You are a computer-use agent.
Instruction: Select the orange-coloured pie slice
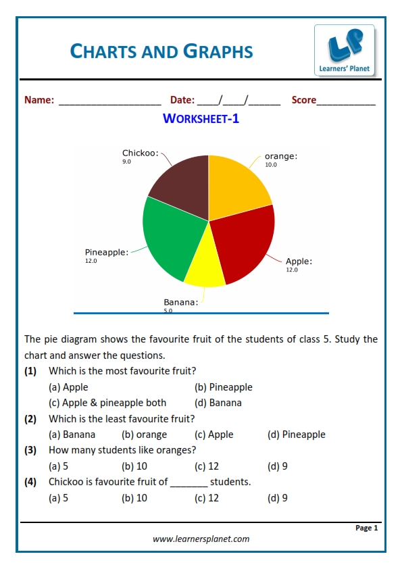point(236,182)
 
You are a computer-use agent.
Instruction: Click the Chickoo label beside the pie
point(140,153)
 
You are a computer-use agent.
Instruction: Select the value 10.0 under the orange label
point(270,165)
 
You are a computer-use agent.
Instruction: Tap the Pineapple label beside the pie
point(106,252)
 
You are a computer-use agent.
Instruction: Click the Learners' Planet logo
point(344,50)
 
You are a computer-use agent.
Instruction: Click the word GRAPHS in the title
point(216,51)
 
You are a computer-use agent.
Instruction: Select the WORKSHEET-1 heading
point(201,119)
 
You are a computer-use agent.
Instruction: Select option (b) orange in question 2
point(144,435)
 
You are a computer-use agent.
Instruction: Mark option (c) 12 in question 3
point(207,466)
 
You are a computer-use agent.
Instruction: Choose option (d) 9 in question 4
point(277,498)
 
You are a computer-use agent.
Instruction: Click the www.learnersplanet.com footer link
point(201,539)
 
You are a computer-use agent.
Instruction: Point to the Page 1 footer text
point(366,528)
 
